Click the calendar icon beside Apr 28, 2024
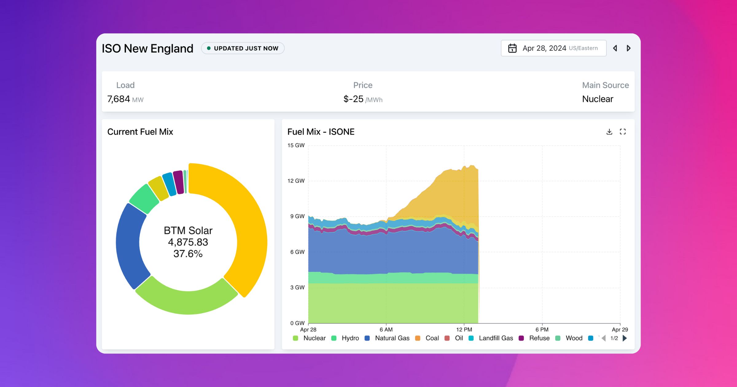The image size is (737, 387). (512, 48)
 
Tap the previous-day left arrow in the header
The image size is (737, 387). (615, 48)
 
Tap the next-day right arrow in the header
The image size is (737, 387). (629, 48)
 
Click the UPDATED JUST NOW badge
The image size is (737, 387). (243, 48)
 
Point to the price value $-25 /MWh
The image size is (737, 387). (363, 99)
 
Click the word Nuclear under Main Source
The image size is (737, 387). (597, 99)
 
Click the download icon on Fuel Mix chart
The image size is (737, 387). (609, 132)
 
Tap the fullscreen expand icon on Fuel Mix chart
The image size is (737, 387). (623, 132)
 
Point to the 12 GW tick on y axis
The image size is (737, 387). (296, 181)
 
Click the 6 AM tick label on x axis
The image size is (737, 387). (386, 330)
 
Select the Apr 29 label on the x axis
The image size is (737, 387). (620, 330)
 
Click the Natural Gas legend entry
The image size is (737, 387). (388, 338)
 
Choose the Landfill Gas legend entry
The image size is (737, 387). (491, 338)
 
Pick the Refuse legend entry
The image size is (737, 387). (535, 338)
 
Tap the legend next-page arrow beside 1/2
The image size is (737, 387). (625, 338)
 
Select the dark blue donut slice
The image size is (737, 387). (129, 246)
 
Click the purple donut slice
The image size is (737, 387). (178, 182)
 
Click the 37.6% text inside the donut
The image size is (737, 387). (188, 254)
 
